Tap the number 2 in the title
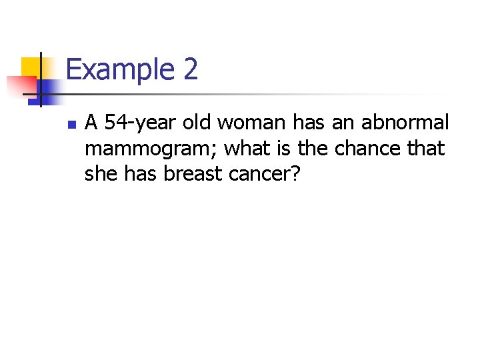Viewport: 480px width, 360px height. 189,69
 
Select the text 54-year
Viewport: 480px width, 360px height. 138,123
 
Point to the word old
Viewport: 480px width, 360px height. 199,123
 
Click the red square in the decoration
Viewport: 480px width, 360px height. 20,85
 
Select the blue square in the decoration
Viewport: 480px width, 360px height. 50,87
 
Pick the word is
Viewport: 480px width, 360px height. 281,148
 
